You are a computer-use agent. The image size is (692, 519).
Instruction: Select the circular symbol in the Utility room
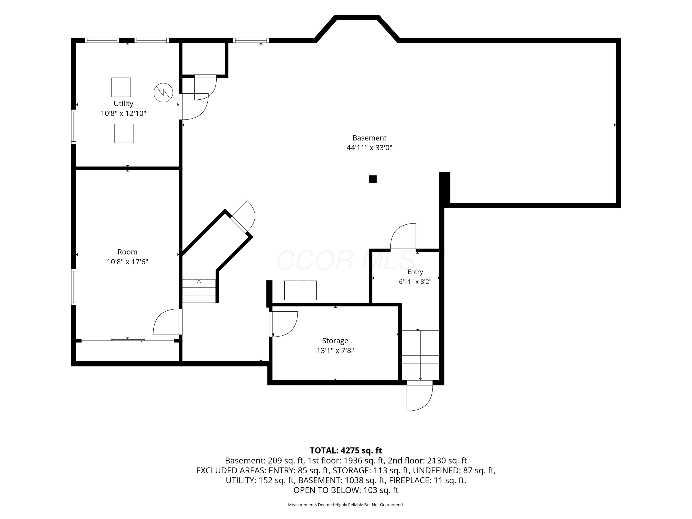coord(163,92)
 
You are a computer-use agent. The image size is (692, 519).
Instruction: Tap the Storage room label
coord(335,341)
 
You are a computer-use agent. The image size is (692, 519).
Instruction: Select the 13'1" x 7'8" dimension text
coord(335,350)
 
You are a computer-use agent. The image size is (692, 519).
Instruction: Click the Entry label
coord(415,272)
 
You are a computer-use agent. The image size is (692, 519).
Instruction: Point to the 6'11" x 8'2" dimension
coord(415,282)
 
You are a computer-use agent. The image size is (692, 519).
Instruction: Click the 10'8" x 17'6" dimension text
coord(127,262)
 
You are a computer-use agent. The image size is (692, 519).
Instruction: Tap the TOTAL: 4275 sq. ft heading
coord(346,450)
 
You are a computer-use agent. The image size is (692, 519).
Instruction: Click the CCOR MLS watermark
coord(346,260)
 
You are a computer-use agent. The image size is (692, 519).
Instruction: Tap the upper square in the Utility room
coord(121,87)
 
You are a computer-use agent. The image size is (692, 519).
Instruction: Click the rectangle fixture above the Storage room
coord(300,290)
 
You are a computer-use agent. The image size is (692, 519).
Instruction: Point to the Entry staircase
coord(421,355)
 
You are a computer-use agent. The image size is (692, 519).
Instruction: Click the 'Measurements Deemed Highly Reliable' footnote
coord(346,505)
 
